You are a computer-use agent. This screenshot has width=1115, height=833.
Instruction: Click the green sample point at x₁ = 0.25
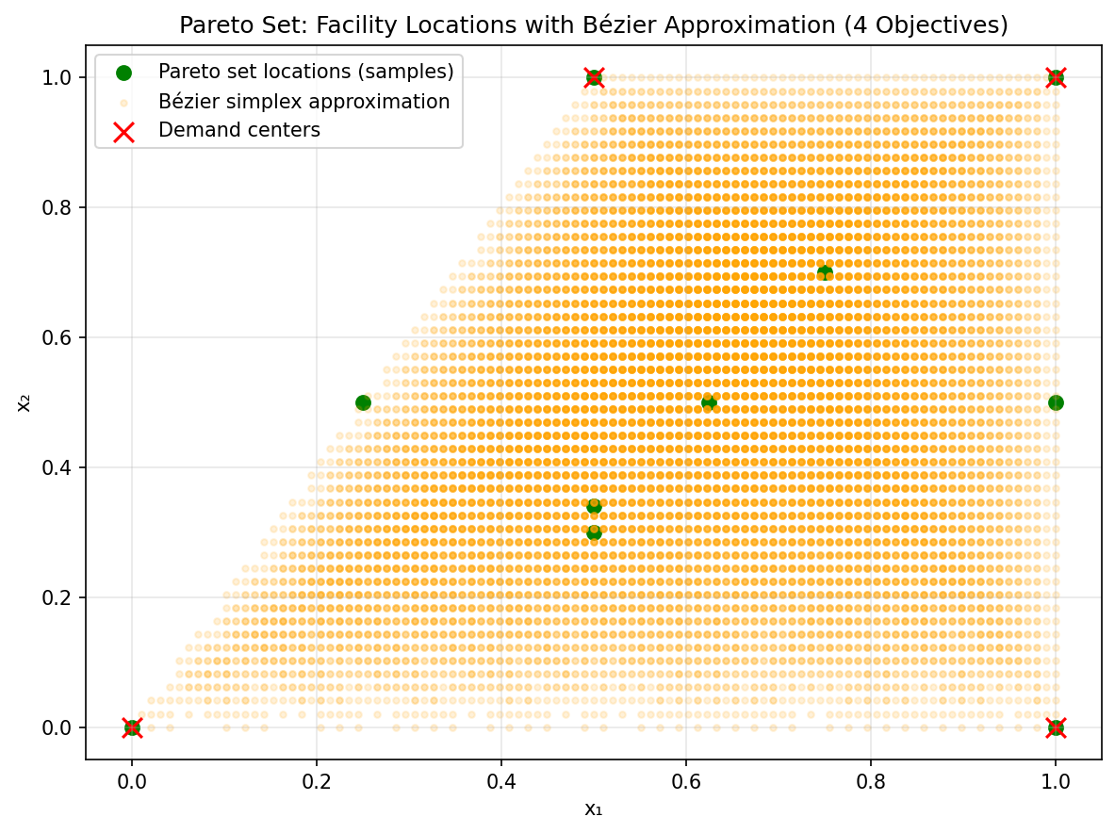(x=363, y=402)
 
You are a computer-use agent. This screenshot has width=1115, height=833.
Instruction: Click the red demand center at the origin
(x=132, y=727)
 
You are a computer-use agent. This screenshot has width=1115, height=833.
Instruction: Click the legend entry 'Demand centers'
(x=238, y=130)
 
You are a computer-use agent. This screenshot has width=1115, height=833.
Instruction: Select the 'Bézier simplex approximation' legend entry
(x=303, y=101)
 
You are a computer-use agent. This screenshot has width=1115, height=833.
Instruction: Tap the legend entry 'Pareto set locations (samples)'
(x=305, y=72)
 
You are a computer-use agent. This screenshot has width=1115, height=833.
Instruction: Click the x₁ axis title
(x=593, y=808)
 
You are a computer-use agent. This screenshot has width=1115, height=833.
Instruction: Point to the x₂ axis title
(x=25, y=402)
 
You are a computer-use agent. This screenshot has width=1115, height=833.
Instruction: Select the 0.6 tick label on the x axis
(x=685, y=781)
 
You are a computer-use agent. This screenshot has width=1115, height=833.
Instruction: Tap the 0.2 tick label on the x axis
(x=317, y=781)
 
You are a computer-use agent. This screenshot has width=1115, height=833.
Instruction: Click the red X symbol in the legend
(x=124, y=130)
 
